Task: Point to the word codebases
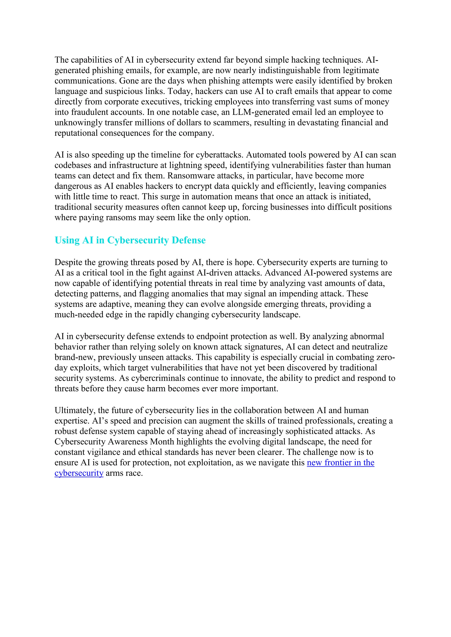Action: click(x=74, y=165)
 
